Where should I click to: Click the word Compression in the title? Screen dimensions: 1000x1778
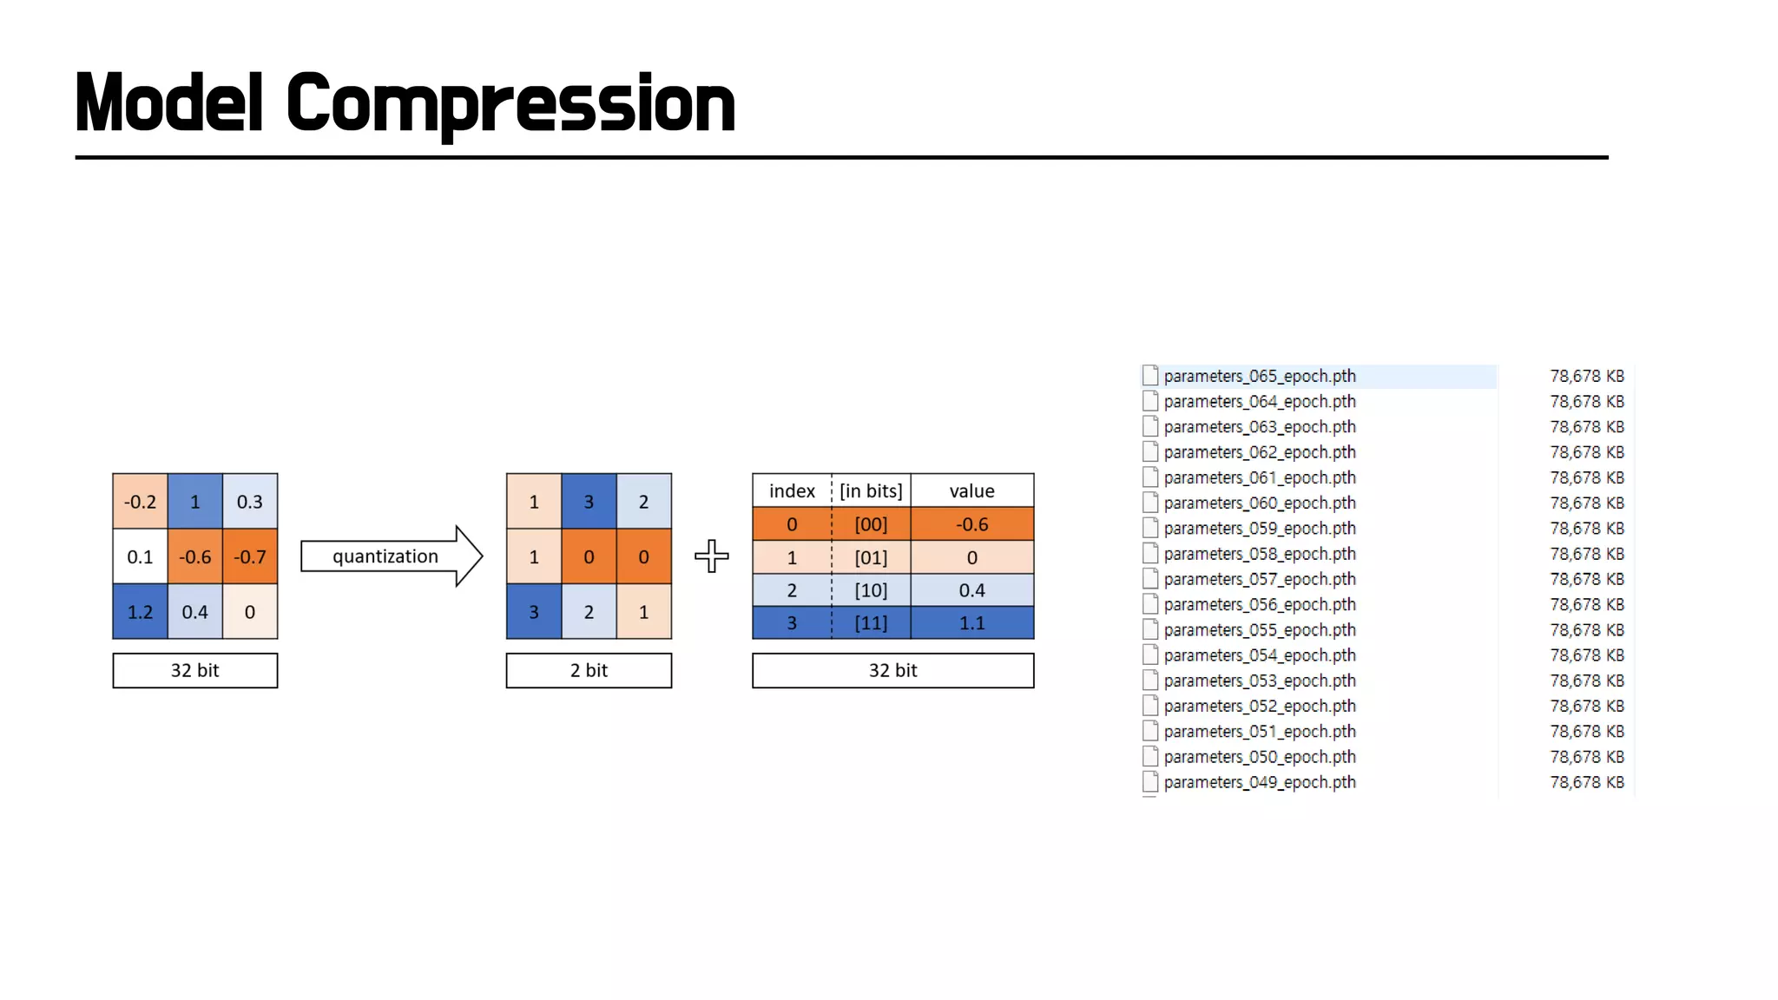coord(510,104)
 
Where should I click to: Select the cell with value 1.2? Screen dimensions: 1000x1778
coord(140,612)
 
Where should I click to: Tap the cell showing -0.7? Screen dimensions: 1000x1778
coord(250,556)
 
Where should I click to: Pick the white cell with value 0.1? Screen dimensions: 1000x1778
coord(140,556)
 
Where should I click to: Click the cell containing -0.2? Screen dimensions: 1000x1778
coord(140,502)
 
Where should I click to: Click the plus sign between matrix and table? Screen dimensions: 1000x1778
coord(712,556)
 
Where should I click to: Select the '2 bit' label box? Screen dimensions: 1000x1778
coord(589,670)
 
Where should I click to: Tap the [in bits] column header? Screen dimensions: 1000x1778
coord(871,490)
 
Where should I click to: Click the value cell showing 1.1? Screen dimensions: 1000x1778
coord(971,623)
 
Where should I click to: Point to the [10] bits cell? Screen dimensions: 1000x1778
coord(871,590)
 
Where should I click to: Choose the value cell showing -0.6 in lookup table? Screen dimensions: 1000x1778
coord(971,524)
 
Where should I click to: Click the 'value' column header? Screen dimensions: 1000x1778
coord(971,490)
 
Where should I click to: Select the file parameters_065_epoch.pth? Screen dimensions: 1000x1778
coord(1259,376)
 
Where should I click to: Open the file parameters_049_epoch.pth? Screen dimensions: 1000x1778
coord(1259,782)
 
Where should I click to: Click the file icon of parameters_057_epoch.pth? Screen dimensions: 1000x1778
coord(1150,579)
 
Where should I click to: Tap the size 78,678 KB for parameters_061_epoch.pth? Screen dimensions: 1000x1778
coord(1586,477)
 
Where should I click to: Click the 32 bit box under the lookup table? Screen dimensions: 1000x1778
coord(892,670)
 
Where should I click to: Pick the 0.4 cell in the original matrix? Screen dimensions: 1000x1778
coord(194,612)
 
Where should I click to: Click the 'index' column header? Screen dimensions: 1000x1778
coord(792,490)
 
